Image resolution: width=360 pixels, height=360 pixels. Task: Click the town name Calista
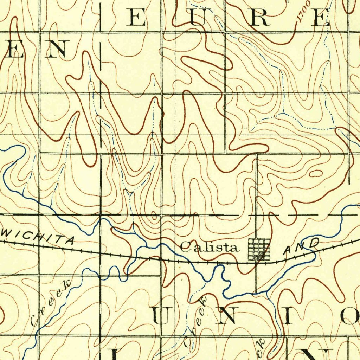[209, 247]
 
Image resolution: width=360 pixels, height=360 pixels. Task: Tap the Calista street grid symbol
[259, 249]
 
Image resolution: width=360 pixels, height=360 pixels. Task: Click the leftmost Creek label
[51, 303]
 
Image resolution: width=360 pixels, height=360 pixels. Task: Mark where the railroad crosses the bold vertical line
[101, 253]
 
